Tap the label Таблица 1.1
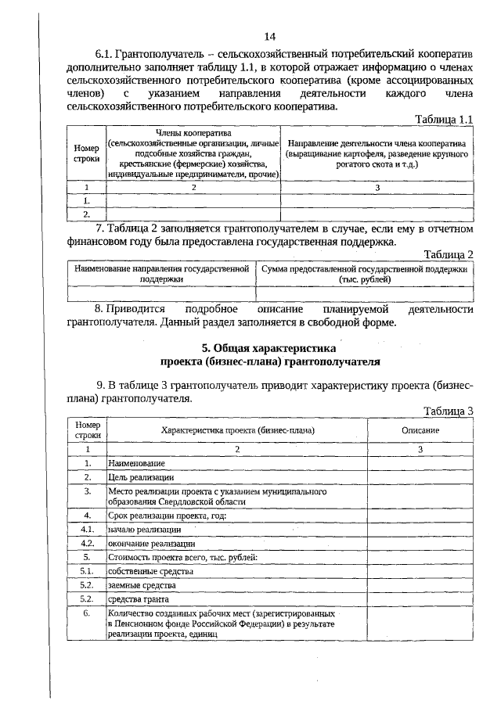[443, 119]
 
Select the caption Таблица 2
[449, 254]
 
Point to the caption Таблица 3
[449, 411]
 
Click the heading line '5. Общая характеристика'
[270, 349]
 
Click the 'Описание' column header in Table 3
[420, 431]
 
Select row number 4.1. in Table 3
[88, 530]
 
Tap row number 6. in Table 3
[88, 614]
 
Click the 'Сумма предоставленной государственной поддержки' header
[366, 273]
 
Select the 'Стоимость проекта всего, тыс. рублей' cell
[178, 557]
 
